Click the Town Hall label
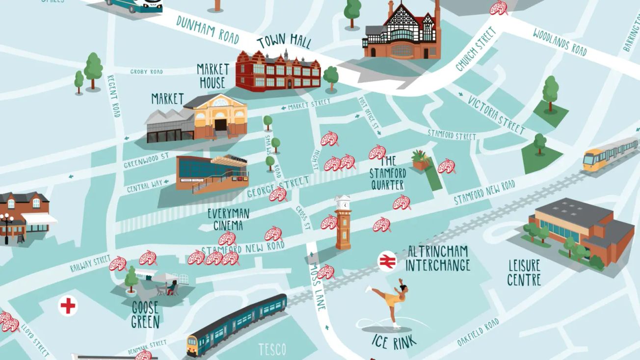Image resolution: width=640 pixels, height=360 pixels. tap(284, 42)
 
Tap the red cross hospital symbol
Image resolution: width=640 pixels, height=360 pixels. tap(68, 306)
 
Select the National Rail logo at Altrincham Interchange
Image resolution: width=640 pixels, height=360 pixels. tap(387, 261)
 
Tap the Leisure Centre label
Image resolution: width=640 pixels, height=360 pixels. tap(524, 273)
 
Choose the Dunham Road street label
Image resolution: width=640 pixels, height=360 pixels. tap(208, 29)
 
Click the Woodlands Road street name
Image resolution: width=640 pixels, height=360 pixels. tap(560, 41)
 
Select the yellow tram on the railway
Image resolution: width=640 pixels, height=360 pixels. tap(609, 154)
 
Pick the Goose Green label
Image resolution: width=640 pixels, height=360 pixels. tap(145, 314)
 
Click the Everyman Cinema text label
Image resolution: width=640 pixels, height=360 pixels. tap(228, 219)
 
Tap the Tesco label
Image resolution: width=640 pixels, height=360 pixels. tap(272, 349)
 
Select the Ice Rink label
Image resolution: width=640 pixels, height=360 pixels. tap(394, 341)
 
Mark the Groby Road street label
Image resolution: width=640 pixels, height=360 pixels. tap(146, 72)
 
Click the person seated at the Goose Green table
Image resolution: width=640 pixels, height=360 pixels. tap(172, 288)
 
